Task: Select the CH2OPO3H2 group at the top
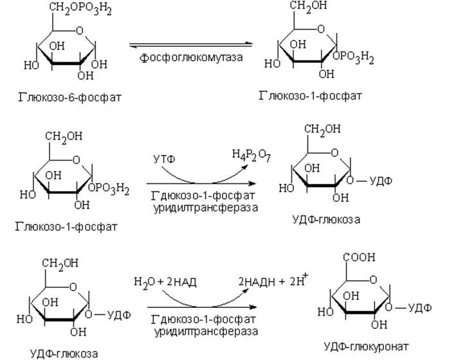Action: (x=71, y=8)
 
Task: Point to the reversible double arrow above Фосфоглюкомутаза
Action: (x=191, y=44)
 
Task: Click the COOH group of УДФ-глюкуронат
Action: (x=362, y=257)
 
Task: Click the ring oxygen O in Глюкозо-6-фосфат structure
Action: (x=78, y=30)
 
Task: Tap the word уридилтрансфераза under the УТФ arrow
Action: (x=205, y=208)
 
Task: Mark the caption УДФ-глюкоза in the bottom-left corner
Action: (x=64, y=351)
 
